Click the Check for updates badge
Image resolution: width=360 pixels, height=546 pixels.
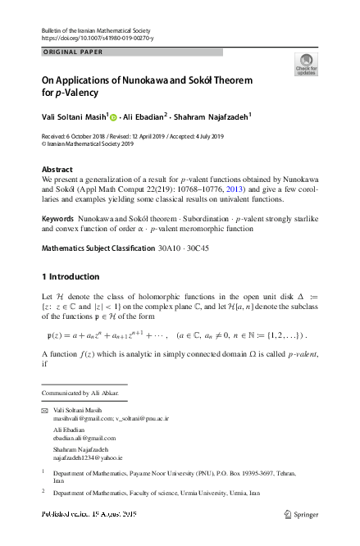pyautogui.click(x=306, y=65)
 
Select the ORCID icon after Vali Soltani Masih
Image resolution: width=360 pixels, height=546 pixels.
pyautogui.click(x=114, y=116)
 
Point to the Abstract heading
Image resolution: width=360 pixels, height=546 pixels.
pyautogui.click(x=57, y=169)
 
